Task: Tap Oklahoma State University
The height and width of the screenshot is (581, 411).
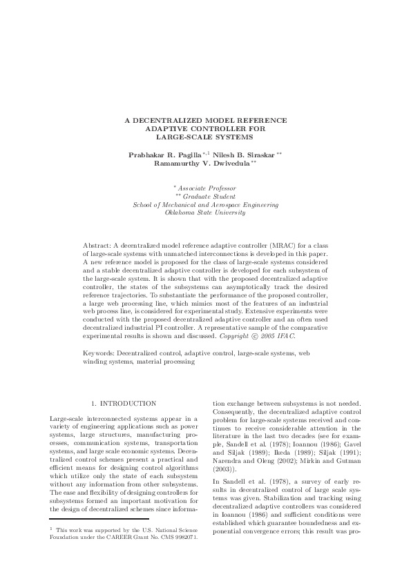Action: pos(206,213)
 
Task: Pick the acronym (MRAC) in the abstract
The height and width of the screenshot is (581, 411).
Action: pos(269,246)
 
